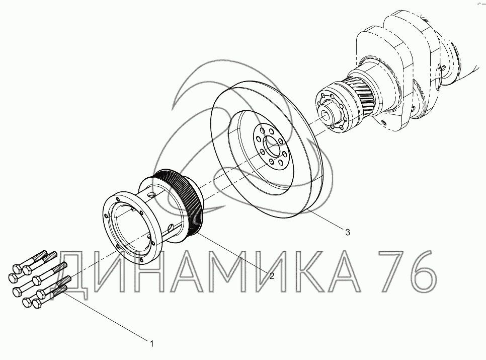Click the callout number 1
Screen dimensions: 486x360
pos(151,344)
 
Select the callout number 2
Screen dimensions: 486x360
pos(272,276)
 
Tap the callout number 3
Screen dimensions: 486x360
pos(348,232)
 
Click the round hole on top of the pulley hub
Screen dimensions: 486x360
pos(151,195)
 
